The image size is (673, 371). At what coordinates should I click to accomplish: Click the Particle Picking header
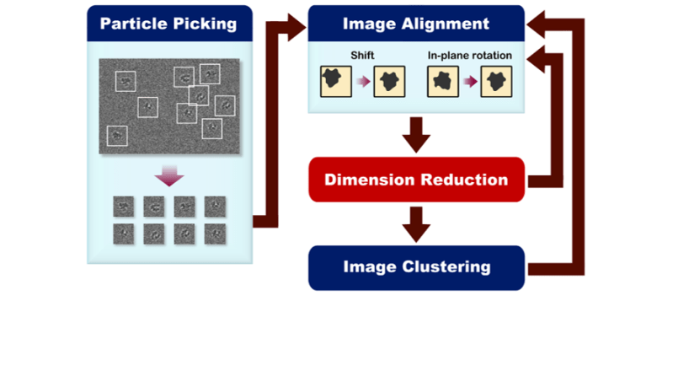168,23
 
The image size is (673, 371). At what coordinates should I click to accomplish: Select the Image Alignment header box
416,23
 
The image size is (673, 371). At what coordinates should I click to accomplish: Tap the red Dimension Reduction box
416,180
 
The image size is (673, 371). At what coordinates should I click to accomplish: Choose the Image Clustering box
416,267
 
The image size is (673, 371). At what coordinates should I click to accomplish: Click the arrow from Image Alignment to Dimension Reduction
416,134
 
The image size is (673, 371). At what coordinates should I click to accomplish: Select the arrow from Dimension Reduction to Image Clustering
416,223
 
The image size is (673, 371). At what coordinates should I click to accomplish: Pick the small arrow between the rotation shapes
467,83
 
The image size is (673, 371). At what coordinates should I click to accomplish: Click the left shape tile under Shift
335,83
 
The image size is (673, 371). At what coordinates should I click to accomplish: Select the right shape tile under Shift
388,83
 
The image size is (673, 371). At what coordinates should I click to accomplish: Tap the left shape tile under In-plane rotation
442,83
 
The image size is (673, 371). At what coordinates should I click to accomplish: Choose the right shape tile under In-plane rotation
496,83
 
